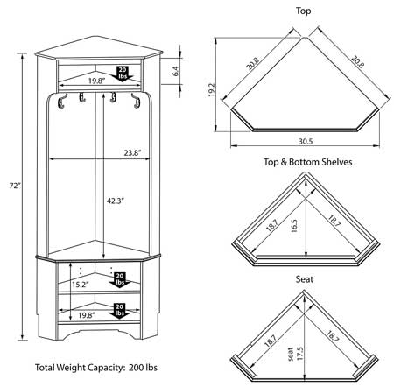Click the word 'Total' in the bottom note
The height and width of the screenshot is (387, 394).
(48, 368)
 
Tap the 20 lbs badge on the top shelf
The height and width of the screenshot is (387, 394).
(124, 73)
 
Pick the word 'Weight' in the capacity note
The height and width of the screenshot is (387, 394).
(79, 368)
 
